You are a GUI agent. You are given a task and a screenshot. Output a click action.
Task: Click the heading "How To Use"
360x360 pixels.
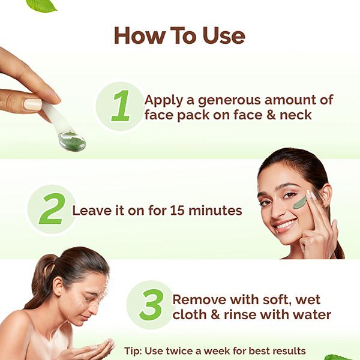[x=179, y=35]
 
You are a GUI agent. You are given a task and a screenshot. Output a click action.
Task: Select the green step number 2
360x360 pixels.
[x=52, y=209]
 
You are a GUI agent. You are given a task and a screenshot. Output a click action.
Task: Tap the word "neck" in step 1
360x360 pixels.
[x=295, y=114]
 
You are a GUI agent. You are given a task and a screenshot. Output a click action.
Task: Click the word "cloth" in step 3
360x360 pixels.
[x=190, y=314]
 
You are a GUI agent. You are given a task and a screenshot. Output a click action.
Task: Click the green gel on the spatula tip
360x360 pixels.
[x=71, y=142]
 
